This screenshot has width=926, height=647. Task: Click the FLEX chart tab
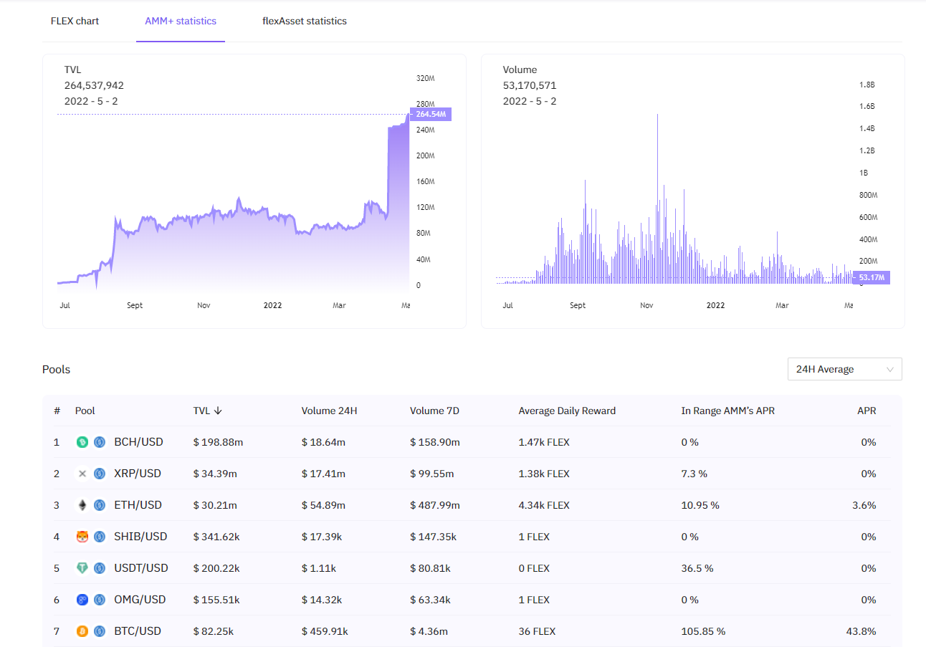pyautogui.click(x=75, y=21)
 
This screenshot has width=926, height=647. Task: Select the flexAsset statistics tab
pyautogui.click(x=305, y=21)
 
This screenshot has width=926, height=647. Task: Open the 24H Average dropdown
pyautogui.click(x=844, y=369)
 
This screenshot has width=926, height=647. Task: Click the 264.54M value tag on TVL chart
pyautogui.click(x=430, y=114)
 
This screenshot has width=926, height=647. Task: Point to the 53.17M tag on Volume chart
pyautogui.click(x=872, y=277)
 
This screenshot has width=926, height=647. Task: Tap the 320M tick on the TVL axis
pyautogui.click(x=426, y=78)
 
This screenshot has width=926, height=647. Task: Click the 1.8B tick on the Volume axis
pyautogui.click(x=867, y=85)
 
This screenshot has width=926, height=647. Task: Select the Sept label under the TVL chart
pyautogui.click(x=135, y=305)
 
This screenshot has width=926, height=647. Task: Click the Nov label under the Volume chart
pyautogui.click(x=646, y=305)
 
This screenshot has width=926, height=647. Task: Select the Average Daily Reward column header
pyautogui.click(x=567, y=411)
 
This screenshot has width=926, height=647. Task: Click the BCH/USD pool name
pyautogui.click(x=138, y=442)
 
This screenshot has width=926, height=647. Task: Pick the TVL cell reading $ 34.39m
pyautogui.click(x=215, y=474)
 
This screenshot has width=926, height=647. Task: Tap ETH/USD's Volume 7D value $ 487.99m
pyautogui.click(x=434, y=505)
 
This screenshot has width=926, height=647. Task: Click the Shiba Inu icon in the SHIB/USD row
pyautogui.click(x=82, y=537)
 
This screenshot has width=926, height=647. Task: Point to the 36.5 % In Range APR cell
pyautogui.click(x=697, y=568)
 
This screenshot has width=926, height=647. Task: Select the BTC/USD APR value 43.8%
pyautogui.click(x=861, y=631)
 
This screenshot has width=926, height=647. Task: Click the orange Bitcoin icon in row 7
pyautogui.click(x=82, y=631)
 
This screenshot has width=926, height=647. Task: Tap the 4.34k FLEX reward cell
pyautogui.click(x=544, y=505)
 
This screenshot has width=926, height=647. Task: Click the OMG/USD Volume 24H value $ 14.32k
pyautogui.click(x=322, y=600)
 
